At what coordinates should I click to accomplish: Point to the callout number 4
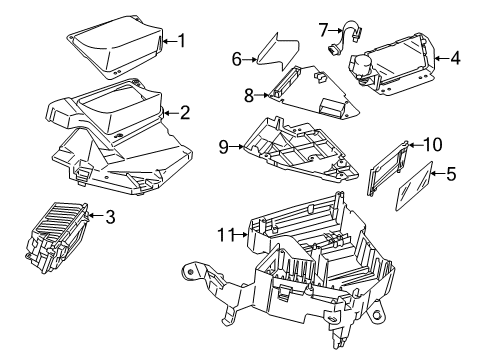pyautogui.click(x=455, y=58)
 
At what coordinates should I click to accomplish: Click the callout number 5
pyautogui.click(x=451, y=174)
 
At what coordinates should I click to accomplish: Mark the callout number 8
pyautogui.click(x=249, y=96)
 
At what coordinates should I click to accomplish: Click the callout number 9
pyautogui.click(x=226, y=147)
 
